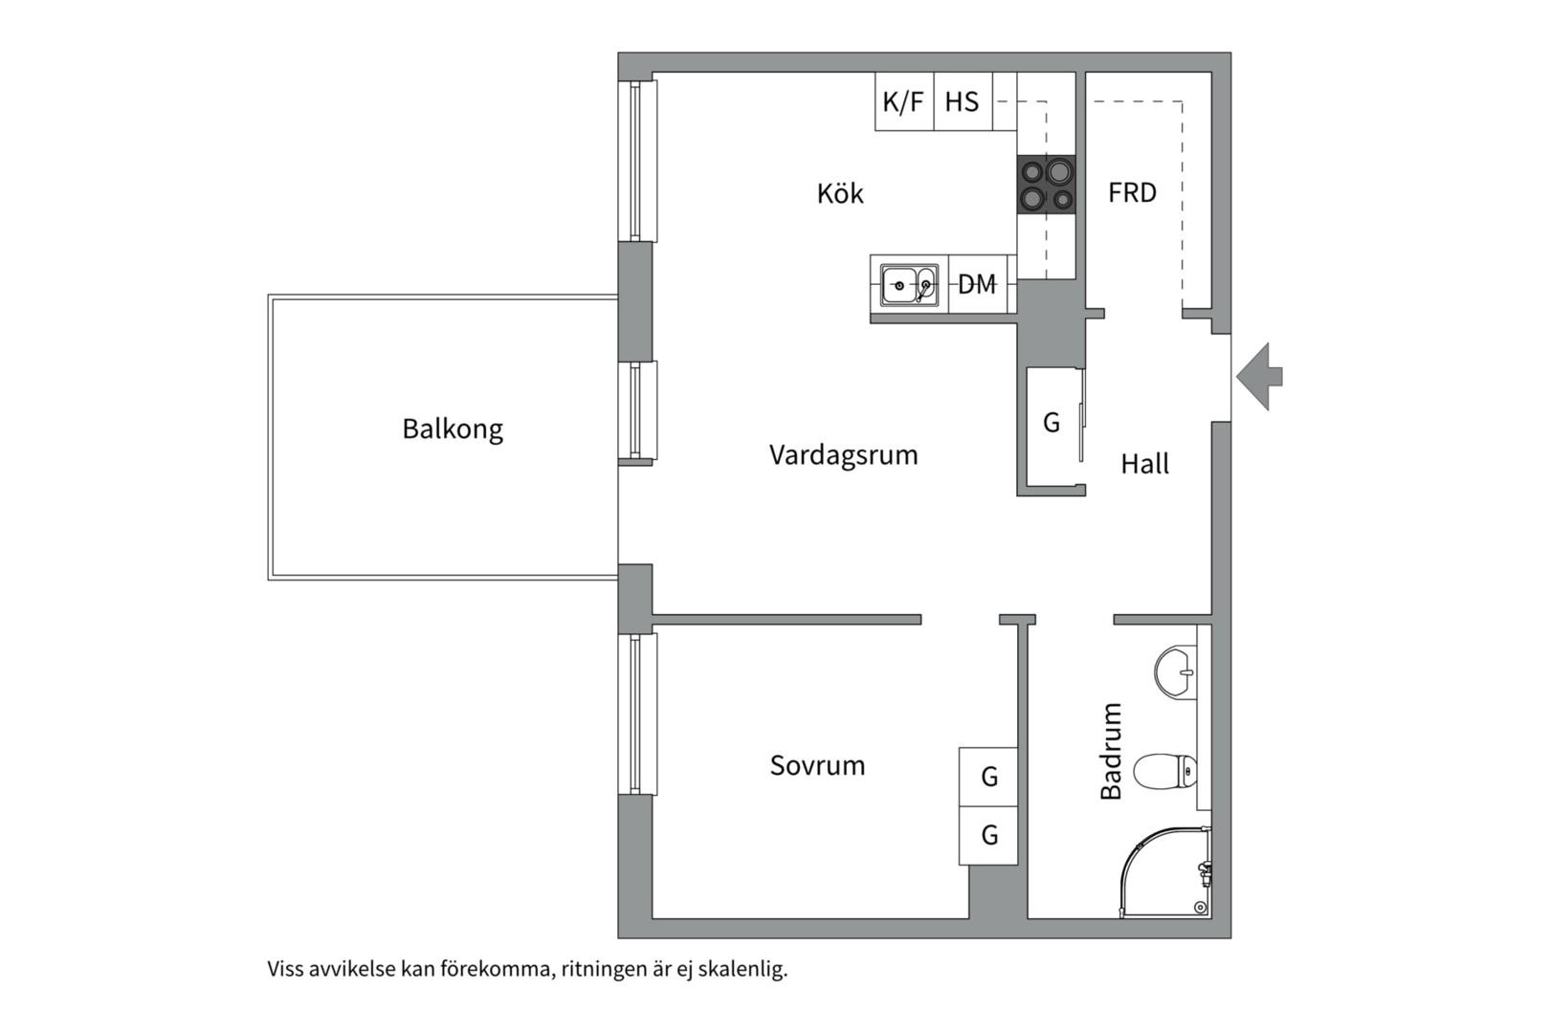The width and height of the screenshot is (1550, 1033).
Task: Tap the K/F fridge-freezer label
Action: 903,101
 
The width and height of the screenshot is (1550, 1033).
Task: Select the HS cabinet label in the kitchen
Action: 962,101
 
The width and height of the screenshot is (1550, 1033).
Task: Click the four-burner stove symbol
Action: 1046,185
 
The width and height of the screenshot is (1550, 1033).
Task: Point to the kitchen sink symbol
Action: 908,285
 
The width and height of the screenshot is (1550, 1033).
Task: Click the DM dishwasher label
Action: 977,284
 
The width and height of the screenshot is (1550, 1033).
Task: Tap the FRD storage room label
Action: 1132,193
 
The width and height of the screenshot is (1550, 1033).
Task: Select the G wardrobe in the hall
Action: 1051,422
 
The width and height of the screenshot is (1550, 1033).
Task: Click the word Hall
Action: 1144,465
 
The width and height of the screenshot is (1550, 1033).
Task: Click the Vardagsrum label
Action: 843,455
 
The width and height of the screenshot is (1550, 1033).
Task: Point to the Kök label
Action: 839,194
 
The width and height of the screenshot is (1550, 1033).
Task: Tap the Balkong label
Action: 452,429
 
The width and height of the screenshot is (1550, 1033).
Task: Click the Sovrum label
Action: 817,765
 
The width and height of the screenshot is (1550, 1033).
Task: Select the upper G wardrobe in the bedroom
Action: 988,777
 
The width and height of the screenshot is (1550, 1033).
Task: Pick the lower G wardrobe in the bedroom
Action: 988,835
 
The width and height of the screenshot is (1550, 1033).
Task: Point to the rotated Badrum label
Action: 1111,751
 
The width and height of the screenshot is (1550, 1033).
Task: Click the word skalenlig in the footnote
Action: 742,969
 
